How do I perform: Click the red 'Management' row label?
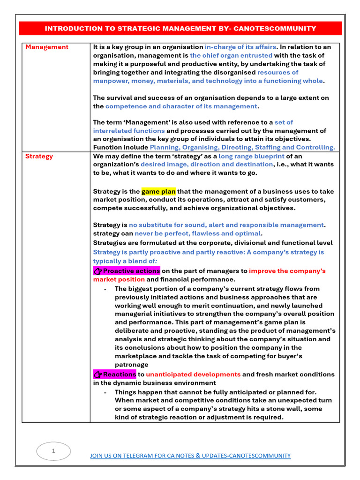click(47, 47)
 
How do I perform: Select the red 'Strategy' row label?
click(39, 156)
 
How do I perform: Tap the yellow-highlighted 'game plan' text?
click(158, 191)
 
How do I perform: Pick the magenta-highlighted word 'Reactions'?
click(119, 375)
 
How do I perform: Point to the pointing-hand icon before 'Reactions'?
click(97, 375)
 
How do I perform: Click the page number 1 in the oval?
click(53, 451)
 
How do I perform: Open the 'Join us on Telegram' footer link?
click(190, 456)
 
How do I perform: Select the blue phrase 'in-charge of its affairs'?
click(240, 47)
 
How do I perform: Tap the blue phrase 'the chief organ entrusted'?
click(231, 55)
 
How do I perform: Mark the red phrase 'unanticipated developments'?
click(193, 375)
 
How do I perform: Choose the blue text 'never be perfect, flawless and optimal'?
click(197, 233)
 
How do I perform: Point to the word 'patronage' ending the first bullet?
click(131, 364)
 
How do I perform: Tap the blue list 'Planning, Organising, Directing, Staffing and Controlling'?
click(242, 147)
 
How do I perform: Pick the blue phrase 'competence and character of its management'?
click(181, 106)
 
